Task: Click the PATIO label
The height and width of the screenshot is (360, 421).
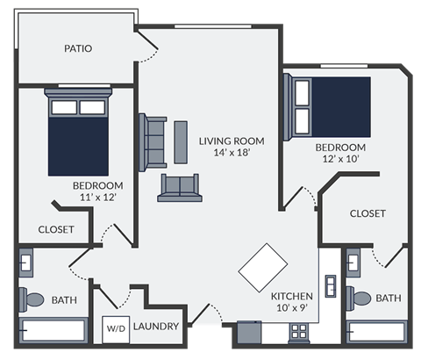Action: [78, 48]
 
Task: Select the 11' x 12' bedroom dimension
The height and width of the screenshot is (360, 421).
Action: [96, 198]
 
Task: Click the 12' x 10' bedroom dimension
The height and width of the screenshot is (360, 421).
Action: [340, 159]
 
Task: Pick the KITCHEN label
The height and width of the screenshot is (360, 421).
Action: [292, 296]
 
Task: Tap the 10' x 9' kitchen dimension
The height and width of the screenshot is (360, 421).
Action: [292, 308]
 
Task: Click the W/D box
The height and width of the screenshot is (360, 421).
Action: [116, 328]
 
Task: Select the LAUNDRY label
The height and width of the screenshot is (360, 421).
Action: [157, 327]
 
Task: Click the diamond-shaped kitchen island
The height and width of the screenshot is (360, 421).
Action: [263, 266]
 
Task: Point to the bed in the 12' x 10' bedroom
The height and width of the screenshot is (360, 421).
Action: [331, 106]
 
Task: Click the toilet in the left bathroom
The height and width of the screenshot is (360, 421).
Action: [34, 299]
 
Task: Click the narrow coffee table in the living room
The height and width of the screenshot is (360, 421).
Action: [181, 140]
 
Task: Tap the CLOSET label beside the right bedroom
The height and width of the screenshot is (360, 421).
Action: [367, 213]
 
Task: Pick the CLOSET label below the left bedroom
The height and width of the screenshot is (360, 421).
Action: [55, 229]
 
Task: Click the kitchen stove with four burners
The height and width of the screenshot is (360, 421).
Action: [300, 333]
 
